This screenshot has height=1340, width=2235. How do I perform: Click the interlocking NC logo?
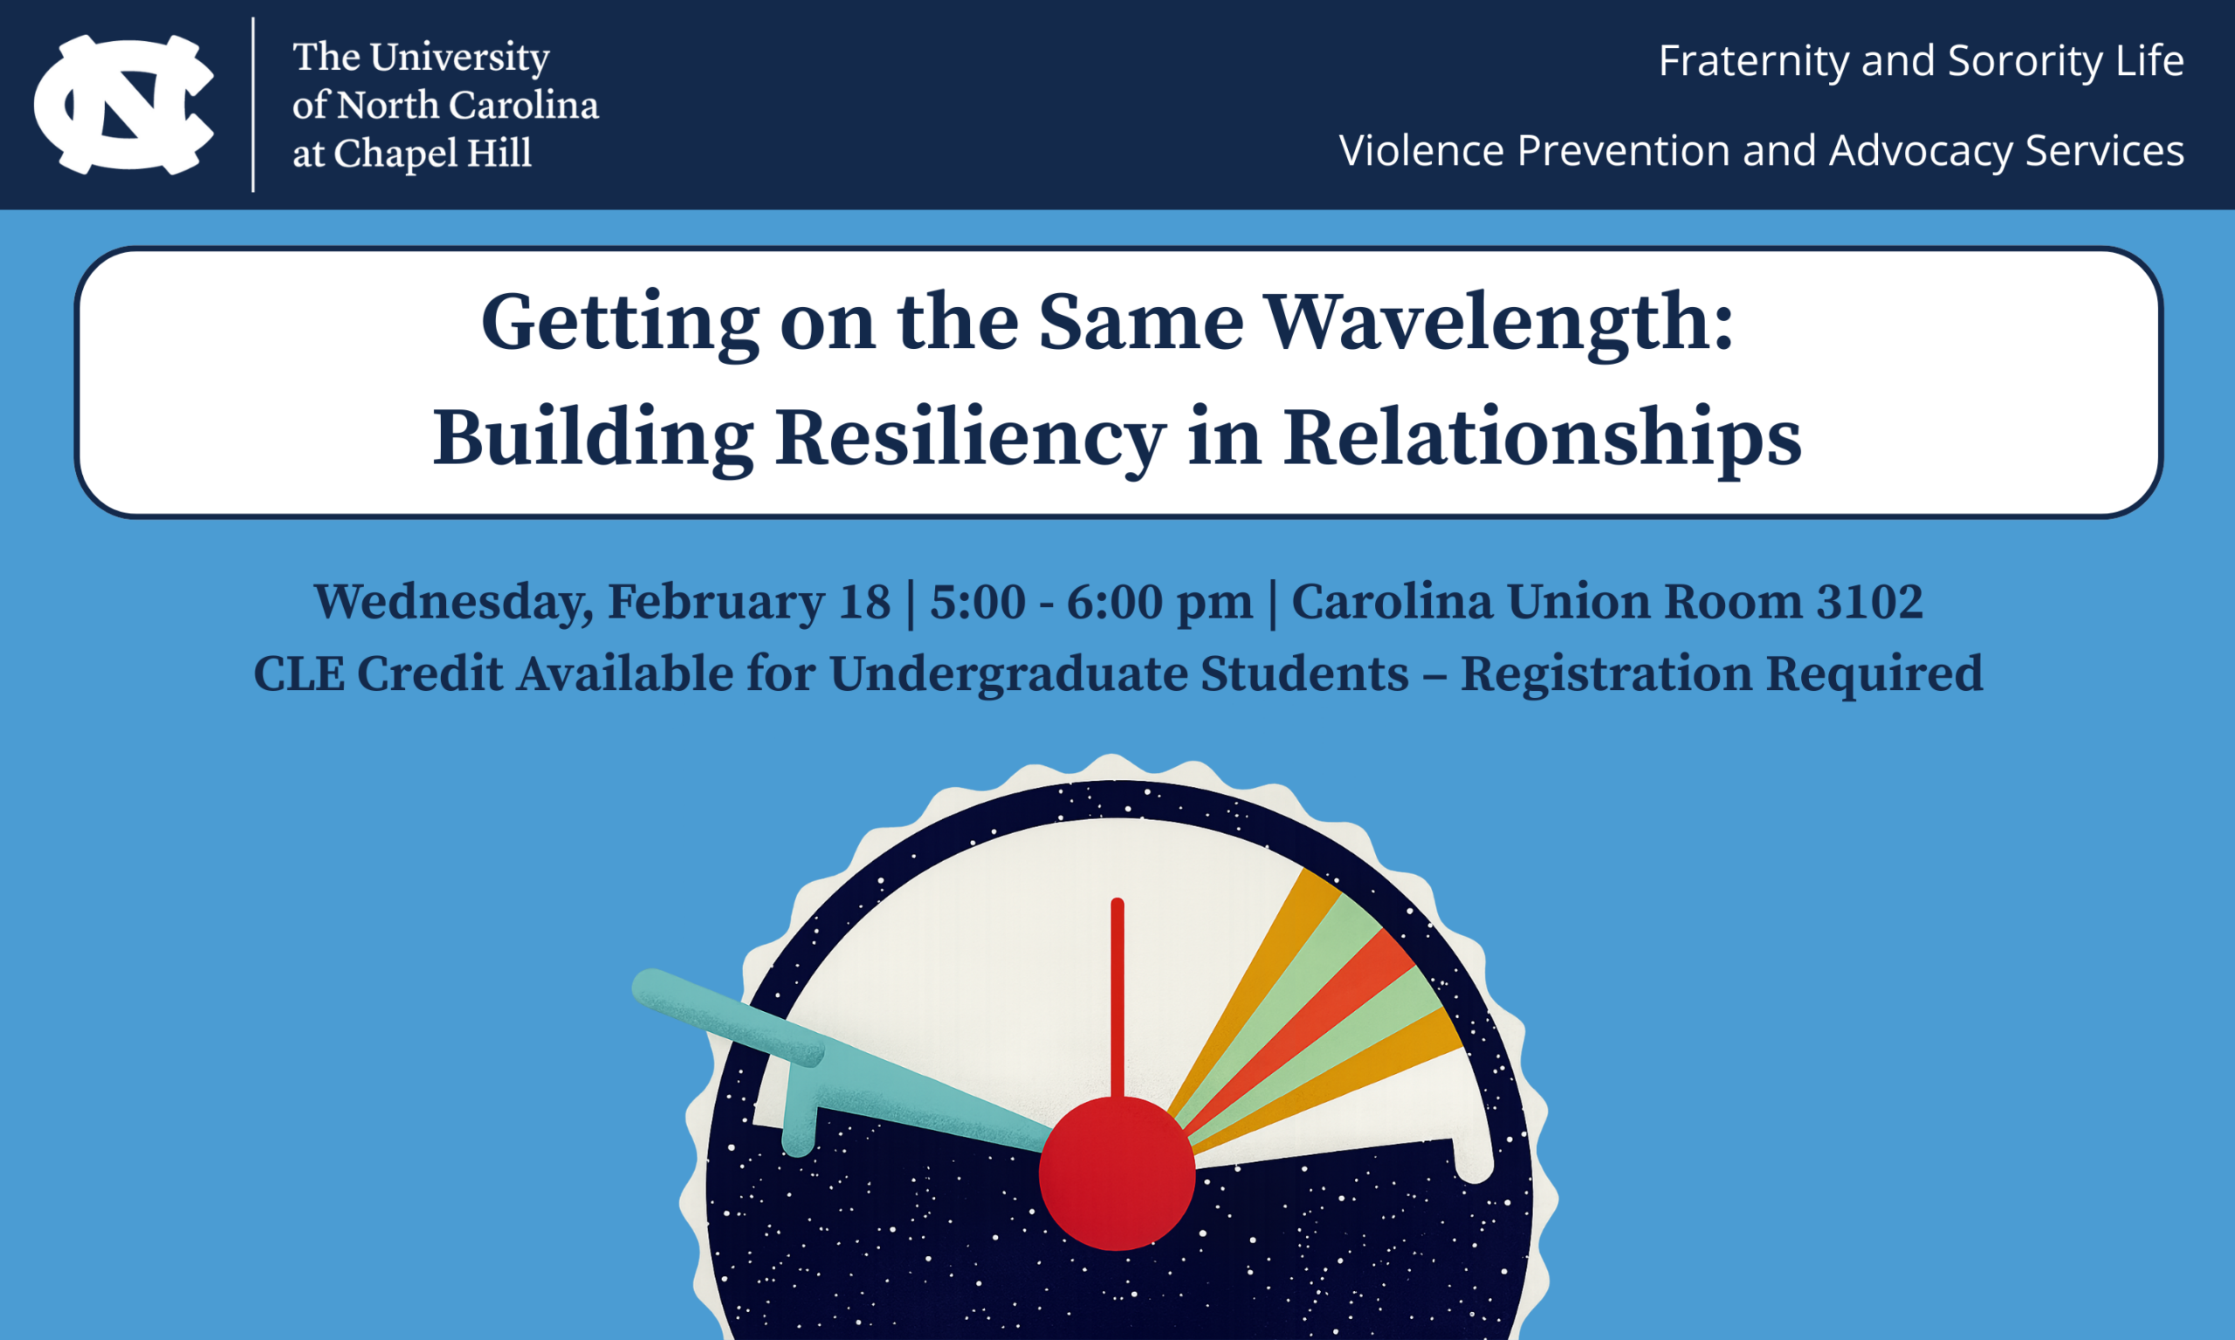pyautogui.click(x=124, y=105)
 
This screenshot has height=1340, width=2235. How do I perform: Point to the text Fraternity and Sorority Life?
pyautogui.click(x=1921, y=61)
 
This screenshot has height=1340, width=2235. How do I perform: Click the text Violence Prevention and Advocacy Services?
pyautogui.click(x=1762, y=151)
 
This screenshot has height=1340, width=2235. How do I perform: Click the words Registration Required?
pyautogui.click(x=1722, y=675)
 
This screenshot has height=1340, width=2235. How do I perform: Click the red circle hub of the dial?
pyautogui.click(x=1117, y=1173)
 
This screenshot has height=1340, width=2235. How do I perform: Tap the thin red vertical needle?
pyautogui.click(x=1117, y=998)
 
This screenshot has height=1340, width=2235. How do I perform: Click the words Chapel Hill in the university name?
pyautogui.click(x=433, y=154)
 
